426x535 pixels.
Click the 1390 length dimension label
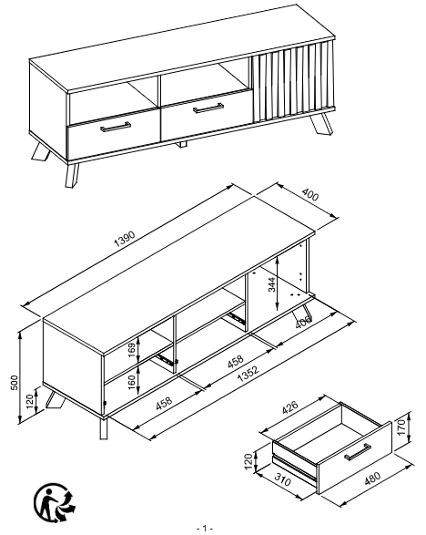point(125,239)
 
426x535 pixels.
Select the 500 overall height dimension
point(15,383)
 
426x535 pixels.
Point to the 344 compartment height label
point(271,285)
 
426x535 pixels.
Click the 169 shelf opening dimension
point(132,350)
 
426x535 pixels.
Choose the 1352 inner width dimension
point(248,374)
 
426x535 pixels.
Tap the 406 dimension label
point(303,322)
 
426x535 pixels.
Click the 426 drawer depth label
point(290,407)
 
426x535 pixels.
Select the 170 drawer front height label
point(401,427)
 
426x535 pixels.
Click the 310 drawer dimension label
point(282,480)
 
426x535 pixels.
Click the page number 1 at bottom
point(205,529)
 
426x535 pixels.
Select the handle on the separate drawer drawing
point(358,451)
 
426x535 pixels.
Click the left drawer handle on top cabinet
point(116,127)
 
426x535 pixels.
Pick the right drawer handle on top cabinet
point(208,108)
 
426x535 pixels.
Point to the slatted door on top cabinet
point(293,82)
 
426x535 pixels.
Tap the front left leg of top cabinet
point(72,175)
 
